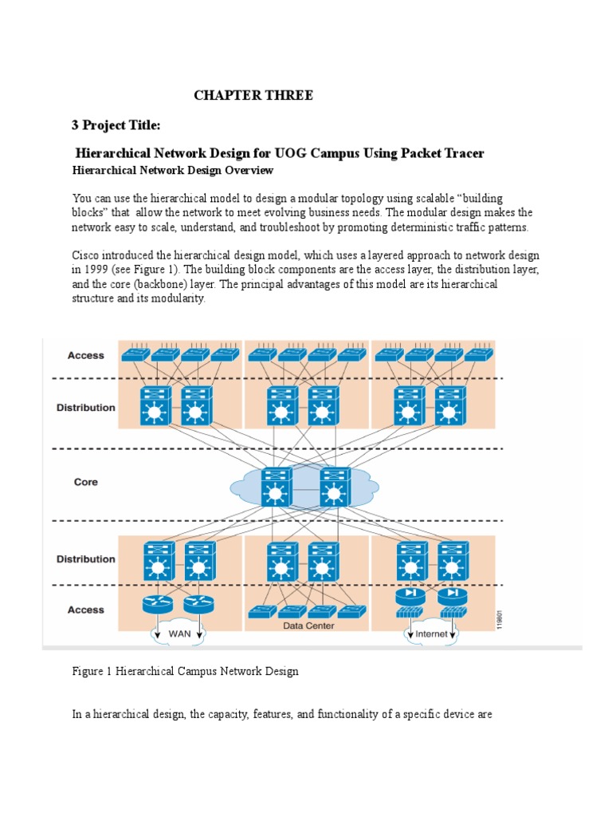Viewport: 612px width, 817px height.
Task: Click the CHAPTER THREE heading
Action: click(x=253, y=96)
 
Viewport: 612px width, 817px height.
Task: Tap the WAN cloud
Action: click(x=178, y=635)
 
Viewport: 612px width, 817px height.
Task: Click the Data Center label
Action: click(x=308, y=626)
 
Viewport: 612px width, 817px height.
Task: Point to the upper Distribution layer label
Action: click(x=85, y=407)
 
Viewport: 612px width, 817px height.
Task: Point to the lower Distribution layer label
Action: click(x=85, y=559)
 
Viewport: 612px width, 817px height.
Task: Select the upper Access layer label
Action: click(x=85, y=356)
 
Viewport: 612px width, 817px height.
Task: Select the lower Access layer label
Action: click(x=85, y=610)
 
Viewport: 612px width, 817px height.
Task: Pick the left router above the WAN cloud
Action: click(x=157, y=604)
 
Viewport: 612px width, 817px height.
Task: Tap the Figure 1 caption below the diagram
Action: click(x=185, y=671)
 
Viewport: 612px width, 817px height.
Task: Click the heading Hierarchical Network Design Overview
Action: click(x=173, y=171)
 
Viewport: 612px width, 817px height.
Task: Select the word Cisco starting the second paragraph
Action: click(x=87, y=255)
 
